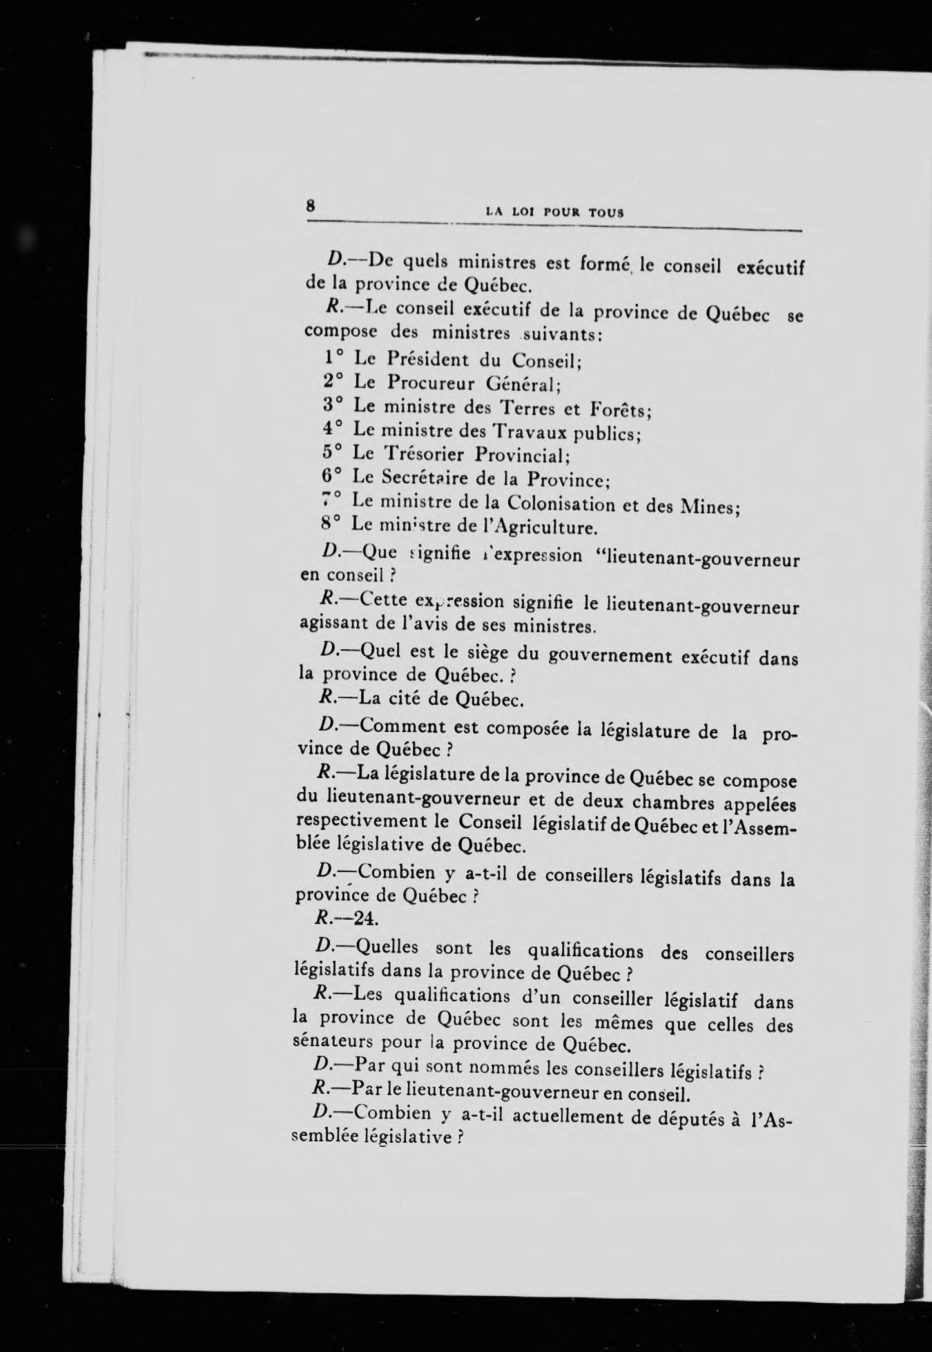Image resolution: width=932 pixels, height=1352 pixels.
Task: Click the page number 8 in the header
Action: pos(311,205)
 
